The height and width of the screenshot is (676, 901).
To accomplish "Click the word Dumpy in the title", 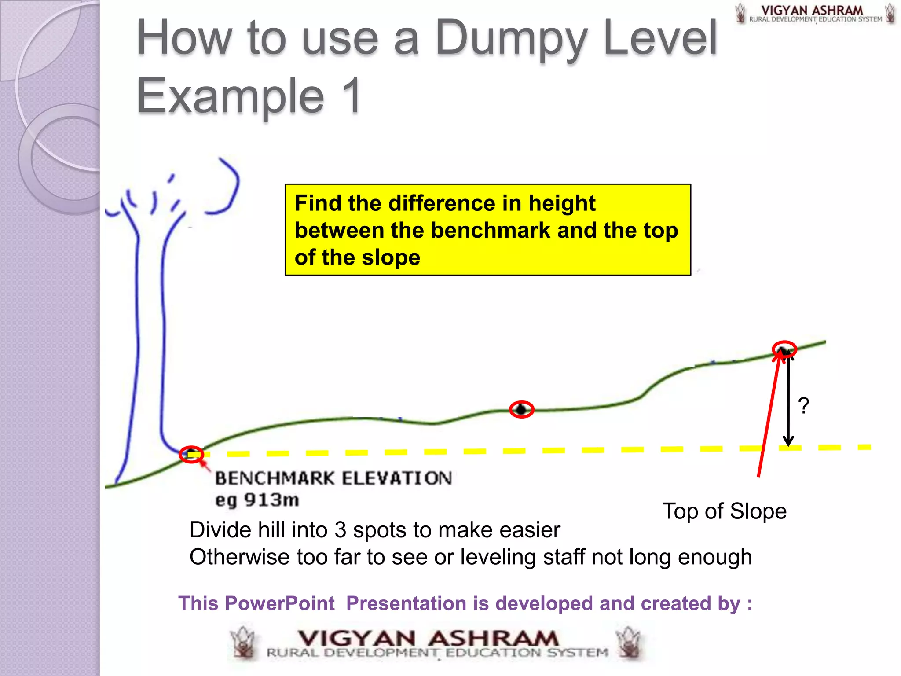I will tap(511, 40).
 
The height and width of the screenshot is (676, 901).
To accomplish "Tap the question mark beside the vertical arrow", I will tap(803, 405).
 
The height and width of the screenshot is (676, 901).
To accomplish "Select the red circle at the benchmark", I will tap(191, 454).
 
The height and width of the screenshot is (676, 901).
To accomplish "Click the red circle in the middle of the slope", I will tap(521, 409).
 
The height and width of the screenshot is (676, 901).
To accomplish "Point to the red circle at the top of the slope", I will tap(784, 349).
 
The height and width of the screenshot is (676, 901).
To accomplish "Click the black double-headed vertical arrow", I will tap(788, 400).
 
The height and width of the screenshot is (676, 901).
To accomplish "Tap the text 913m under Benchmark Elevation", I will tap(271, 500).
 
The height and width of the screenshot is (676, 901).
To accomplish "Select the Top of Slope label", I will tap(724, 511).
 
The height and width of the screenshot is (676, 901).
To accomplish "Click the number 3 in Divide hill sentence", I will tap(340, 530).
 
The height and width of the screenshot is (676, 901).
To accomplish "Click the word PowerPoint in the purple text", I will tap(280, 603).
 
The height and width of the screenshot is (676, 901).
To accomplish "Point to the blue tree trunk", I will tap(150, 334).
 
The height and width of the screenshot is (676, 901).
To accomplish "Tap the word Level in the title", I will tap(660, 40).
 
